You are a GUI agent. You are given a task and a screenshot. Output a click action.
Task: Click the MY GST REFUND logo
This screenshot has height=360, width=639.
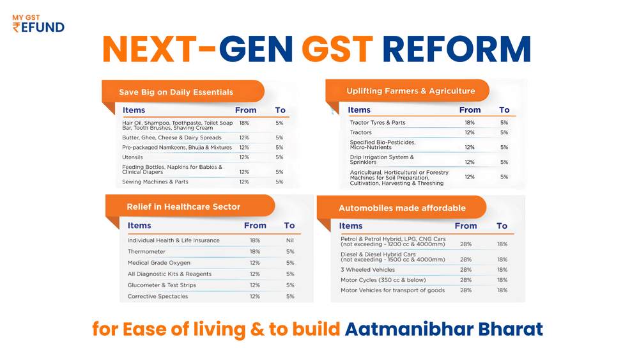(x=38, y=22)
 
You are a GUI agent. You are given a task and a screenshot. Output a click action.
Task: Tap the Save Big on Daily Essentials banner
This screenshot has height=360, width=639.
(x=176, y=92)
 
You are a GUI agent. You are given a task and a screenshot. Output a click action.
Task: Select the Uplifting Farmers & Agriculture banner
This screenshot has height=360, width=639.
(x=410, y=91)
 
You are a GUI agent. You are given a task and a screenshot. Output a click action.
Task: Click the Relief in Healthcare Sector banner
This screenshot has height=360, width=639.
(x=183, y=207)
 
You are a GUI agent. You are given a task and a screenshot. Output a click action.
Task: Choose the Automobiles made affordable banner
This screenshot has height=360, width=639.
(x=402, y=208)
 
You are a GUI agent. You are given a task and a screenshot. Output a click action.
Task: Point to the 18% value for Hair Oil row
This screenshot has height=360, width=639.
(x=244, y=123)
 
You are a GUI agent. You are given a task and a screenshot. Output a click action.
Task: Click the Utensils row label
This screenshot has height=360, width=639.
(x=133, y=157)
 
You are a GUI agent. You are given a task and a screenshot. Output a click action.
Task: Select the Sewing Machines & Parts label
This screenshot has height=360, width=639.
(x=155, y=182)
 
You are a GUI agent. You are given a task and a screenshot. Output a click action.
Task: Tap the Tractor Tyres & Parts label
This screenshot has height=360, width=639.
(x=378, y=123)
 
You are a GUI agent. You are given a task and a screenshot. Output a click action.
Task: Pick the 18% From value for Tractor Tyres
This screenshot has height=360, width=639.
(x=470, y=123)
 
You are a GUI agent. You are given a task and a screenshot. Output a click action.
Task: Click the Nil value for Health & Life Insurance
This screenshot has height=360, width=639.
(x=290, y=240)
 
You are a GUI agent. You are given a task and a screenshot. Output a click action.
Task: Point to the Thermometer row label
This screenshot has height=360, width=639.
(x=146, y=252)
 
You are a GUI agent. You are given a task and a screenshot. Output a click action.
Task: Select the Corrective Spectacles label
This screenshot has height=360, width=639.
(x=158, y=297)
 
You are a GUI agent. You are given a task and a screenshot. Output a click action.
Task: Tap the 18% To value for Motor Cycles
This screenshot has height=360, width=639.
(x=502, y=280)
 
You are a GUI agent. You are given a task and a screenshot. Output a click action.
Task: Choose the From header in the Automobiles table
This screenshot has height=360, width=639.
(x=466, y=226)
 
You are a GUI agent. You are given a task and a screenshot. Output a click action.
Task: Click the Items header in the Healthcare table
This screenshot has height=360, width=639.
(x=139, y=226)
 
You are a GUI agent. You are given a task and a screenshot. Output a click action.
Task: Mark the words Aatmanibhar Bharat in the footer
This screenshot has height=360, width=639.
(x=443, y=329)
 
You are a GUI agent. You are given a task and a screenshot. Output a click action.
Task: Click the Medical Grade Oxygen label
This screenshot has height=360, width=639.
(x=159, y=263)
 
